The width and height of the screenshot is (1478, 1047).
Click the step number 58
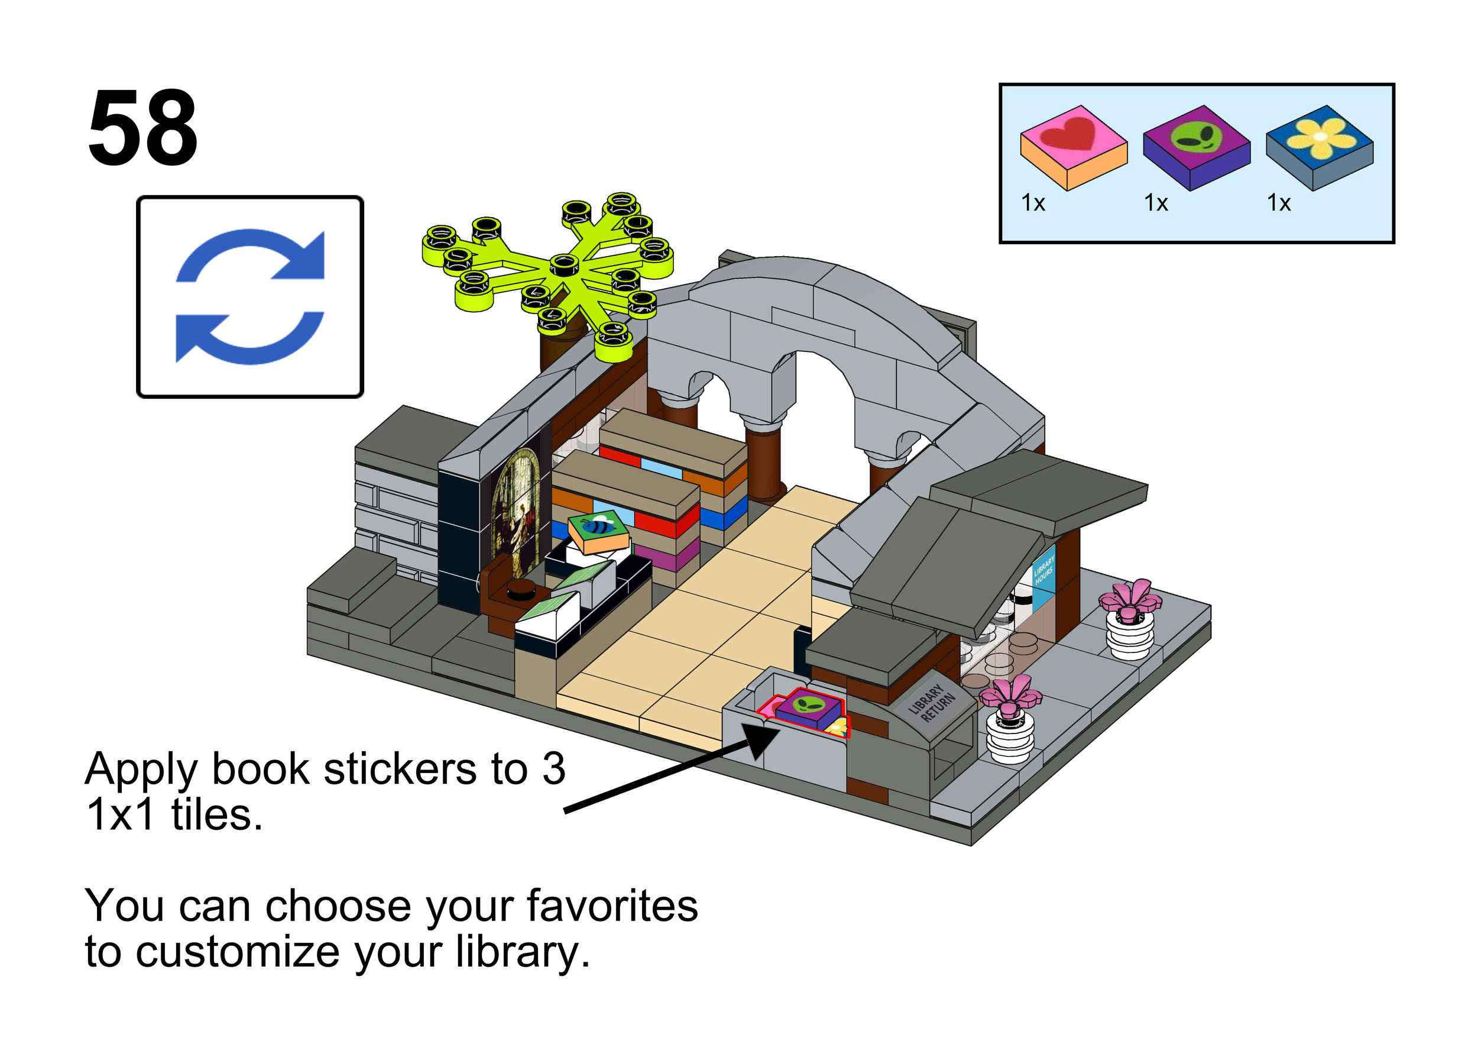click(x=142, y=128)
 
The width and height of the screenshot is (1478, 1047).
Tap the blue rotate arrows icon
click(x=250, y=296)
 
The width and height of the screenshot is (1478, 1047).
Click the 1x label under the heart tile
click(x=1033, y=203)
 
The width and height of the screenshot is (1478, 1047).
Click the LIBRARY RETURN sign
click(x=932, y=703)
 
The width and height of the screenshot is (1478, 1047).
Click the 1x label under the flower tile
click(x=1279, y=203)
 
